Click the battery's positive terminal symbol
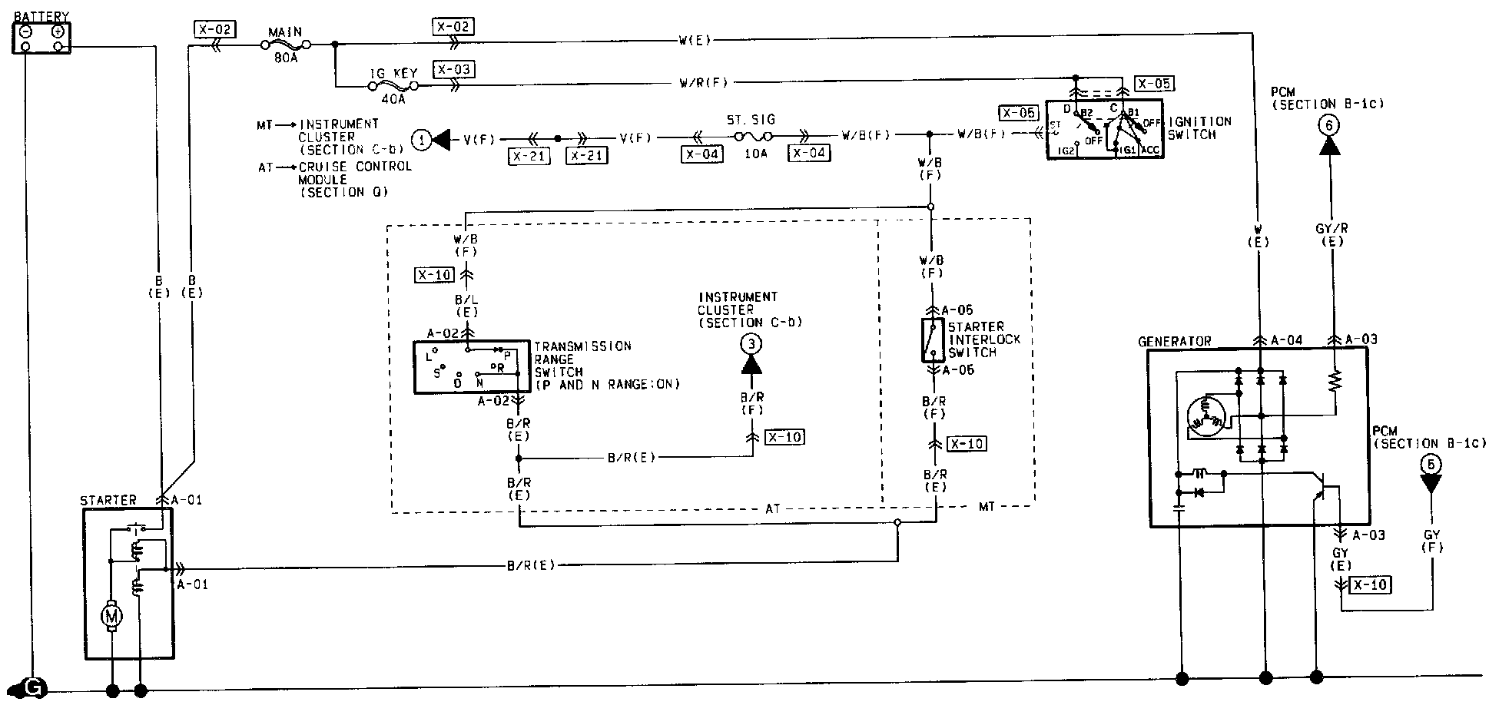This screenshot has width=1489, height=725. (58, 31)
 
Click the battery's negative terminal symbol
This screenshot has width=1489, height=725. (26, 31)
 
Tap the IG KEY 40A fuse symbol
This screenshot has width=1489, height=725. (393, 86)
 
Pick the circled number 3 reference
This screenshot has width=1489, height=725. (751, 344)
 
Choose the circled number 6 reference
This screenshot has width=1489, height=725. (1328, 125)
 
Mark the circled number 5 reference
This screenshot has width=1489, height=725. (1431, 465)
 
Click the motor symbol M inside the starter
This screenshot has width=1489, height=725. (113, 615)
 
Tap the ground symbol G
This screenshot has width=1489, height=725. (32, 688)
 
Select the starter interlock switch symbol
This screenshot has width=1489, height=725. (932, 339)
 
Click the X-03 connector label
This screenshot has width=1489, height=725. (453, 70)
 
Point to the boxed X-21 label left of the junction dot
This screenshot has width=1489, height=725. (529, 155)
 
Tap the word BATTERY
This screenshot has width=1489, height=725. (41, 16)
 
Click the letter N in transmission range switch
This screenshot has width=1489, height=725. (479, 382)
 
